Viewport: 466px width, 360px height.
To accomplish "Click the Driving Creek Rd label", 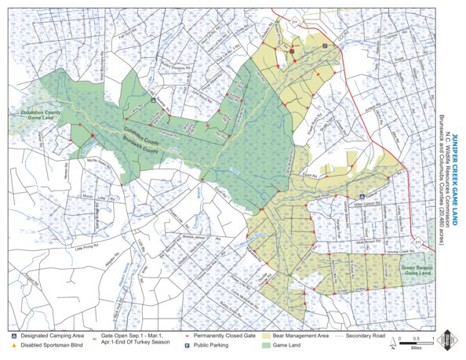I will click(403, 252).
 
